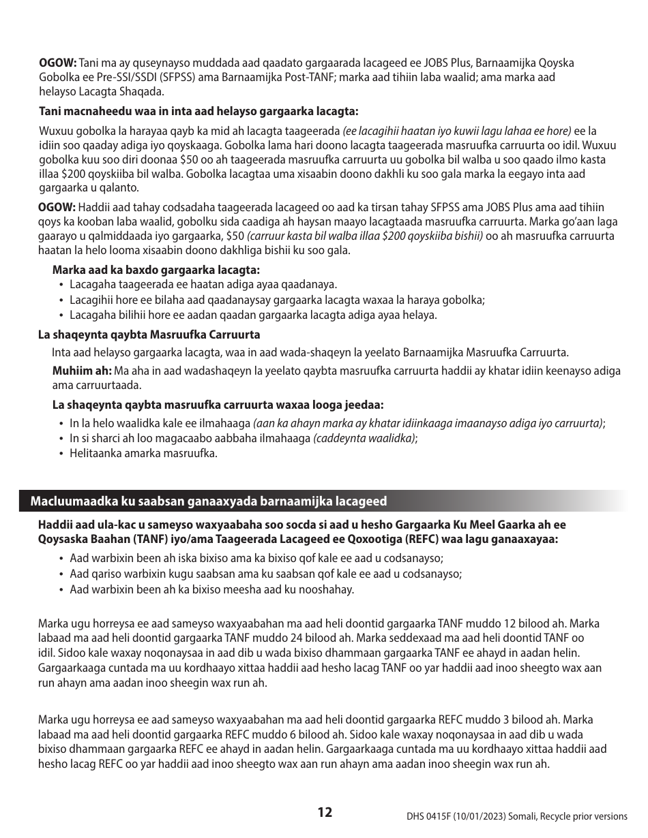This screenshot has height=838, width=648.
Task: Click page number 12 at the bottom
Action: [325, 811]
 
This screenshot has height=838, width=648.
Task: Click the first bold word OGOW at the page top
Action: [57, 63]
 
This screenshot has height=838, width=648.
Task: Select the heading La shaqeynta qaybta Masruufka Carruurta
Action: [148, 335]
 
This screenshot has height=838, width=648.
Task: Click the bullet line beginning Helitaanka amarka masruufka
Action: [143, 453]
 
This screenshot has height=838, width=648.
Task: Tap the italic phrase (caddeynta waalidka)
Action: [364, 438]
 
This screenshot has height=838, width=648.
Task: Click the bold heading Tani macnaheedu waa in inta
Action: [198, 111]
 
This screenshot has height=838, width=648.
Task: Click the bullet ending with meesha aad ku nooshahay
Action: [211, 589]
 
